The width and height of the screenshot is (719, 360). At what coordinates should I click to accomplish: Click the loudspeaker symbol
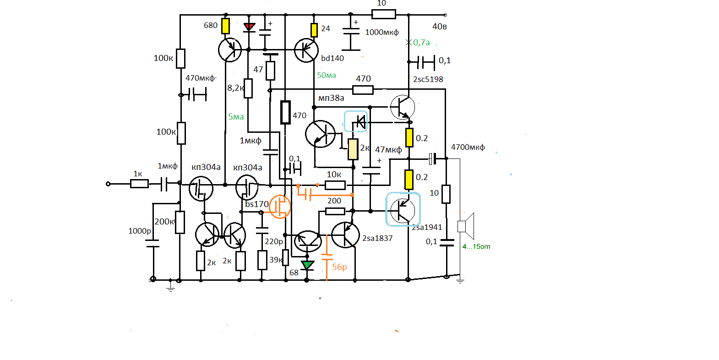pyautogui.click(x=466, y=226)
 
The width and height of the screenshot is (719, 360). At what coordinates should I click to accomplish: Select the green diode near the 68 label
pyautogui.click(x=307, y=265)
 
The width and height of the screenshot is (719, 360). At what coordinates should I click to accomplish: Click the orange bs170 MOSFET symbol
pyautogui.click(x=280, y=207)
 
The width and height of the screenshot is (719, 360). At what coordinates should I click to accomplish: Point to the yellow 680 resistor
pyautogui.click(x=226, y=26)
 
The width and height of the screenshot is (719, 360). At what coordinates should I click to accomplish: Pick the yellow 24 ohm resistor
pyautogui.click(x=314, y=30)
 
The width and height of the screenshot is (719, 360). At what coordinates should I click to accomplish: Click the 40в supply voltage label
pyautogui.click(x=440, y=27)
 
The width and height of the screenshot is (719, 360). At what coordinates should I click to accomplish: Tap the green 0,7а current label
pyautogui.click(x=421, y=43)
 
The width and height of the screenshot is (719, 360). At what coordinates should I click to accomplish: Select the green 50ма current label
pyautogui.click(x=327, y=75)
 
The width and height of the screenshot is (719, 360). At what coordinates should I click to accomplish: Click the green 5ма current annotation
pyautogui.click(x=236, y=117)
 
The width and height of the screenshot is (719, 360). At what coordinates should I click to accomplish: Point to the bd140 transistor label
pyautogui.click(x=332, y=58)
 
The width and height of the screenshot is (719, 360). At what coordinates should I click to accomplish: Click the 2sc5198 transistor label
pyautogui.click(x=428, y=79)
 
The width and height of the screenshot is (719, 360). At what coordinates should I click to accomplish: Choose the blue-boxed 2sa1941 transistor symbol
pyautogui.click(x=403, y=209)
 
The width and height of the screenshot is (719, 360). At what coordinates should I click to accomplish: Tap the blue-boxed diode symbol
pyautogui.click(x=356, y=121)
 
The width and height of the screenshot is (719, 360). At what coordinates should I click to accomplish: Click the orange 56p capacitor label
pyautogui.click(x=339, y=267)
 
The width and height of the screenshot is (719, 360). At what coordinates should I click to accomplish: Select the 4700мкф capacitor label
pyautogui.click(x=468, y=147)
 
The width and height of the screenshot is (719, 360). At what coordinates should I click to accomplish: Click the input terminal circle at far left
pyautogui.click(x=108, y=184)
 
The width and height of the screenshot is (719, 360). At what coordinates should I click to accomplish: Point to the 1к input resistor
pyautogui.click(x=139, y=184)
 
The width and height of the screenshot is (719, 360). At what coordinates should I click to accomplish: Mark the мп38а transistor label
pyautogui.click(x=331, y=98)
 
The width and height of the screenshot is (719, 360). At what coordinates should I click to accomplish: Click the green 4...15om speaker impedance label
pyautogui.click(x=476, y=246)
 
